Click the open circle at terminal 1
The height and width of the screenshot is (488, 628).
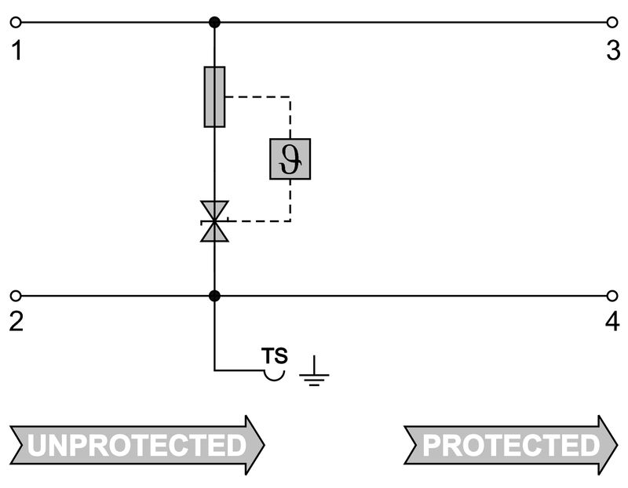pos(15,22)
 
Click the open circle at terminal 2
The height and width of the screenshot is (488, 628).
pos(15,296)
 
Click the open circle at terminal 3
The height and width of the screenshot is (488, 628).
pos(612,22)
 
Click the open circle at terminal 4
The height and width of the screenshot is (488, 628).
pos(612,296)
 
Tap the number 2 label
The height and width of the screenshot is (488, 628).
pos(16,322)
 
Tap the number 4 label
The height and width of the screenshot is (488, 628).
pos(613,322)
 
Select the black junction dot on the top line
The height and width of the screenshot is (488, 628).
pos(214,22)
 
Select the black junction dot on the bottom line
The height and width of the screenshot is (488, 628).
pos(214,296)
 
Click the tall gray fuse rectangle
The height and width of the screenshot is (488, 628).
pos(214,97)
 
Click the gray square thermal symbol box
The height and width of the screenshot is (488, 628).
pos(290,159)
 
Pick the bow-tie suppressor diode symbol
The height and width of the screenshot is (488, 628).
pos(214,221)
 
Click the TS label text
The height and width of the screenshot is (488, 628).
pos(275,355)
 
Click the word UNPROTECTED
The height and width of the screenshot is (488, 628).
pos(137,445)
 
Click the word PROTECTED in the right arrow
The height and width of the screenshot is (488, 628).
pos(511,445)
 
